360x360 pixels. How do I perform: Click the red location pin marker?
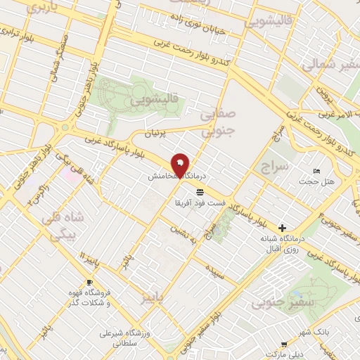click(x=180, y=165)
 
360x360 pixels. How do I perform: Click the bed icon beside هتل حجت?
click(x=317, y=172)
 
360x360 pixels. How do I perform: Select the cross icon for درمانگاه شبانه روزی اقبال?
click(x=282, y=228)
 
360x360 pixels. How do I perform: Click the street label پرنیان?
click(x=157, y=132)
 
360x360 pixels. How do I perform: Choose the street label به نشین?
click(x=186, y=236)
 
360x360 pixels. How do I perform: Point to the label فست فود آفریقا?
click(x=200, y=202)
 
